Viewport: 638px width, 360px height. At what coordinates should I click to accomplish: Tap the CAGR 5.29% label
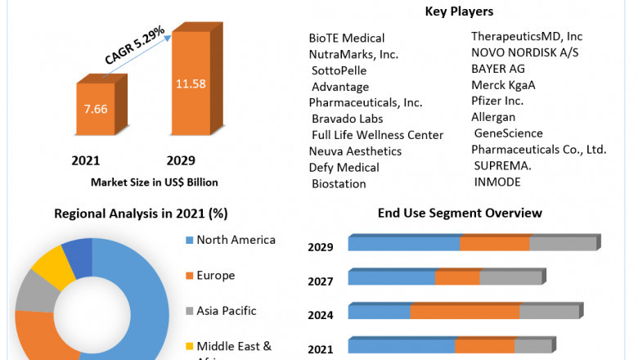[x=134, y=46]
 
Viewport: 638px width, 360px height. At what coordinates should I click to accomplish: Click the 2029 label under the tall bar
[x=181, y=160]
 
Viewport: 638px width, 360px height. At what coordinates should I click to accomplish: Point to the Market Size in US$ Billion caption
[x=155, y=182]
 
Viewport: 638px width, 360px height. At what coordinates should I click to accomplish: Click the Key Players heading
[x=459, y=11]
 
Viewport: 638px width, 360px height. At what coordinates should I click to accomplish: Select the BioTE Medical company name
[x=347, y=38]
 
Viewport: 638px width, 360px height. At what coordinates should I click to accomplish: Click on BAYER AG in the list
[x=498, y=69]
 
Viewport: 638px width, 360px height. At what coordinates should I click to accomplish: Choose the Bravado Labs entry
[x=348, y=119]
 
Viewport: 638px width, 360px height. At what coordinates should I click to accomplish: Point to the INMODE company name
[x=496, y=182]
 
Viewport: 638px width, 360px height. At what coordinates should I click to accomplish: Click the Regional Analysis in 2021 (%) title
[x=141, y=214]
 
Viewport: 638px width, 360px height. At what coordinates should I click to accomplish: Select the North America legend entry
[x=236, y=240]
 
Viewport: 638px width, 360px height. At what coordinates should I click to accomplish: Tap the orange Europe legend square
[x=188, y=276]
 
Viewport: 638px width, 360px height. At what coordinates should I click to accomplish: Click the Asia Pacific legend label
[x=227, y=311]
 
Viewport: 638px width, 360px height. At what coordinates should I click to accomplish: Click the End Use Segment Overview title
[x=460, y=213]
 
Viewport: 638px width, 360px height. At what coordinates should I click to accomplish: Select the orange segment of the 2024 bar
[x=465, y=312]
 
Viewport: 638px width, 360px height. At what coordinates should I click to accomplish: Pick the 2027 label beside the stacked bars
[x=320, y=281]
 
